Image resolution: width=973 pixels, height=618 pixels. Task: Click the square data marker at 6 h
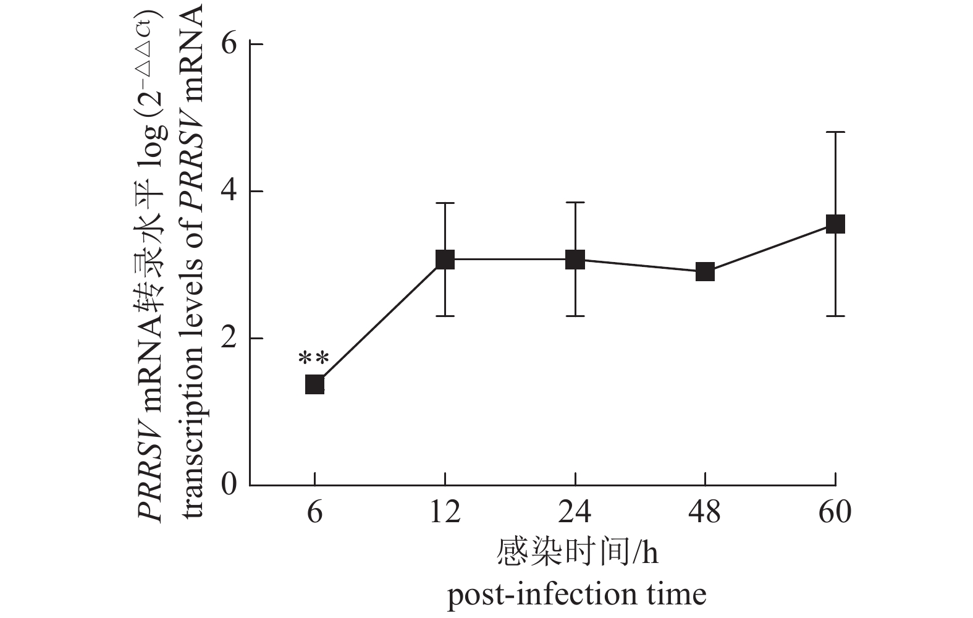(x=314, y=384)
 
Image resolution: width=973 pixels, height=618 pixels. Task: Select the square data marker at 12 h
(x=445, y=260)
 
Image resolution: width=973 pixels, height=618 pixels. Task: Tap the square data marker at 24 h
(x=575, y=260)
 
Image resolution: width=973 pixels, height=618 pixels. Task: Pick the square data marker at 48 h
(x=705, y=271)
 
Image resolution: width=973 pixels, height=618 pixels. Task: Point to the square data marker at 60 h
(x=835, y=224)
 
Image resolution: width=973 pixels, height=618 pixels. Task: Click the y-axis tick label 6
(x=229, y=44)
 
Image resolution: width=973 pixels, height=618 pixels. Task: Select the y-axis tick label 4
(x=229, y=192)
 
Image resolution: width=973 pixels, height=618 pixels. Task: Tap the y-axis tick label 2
(x=229, y=339)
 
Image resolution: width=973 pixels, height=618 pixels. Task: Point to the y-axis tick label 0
(x=229, y=485)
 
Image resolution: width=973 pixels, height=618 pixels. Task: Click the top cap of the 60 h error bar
(x=835, y=132)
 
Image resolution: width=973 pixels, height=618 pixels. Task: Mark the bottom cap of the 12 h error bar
(x=445, y=316)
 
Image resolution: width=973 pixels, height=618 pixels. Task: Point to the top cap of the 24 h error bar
(x=575, y=203)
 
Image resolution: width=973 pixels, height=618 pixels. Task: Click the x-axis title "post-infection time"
(x=576, y=595)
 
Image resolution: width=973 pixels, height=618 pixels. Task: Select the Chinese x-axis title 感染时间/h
(x=576, y=552)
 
